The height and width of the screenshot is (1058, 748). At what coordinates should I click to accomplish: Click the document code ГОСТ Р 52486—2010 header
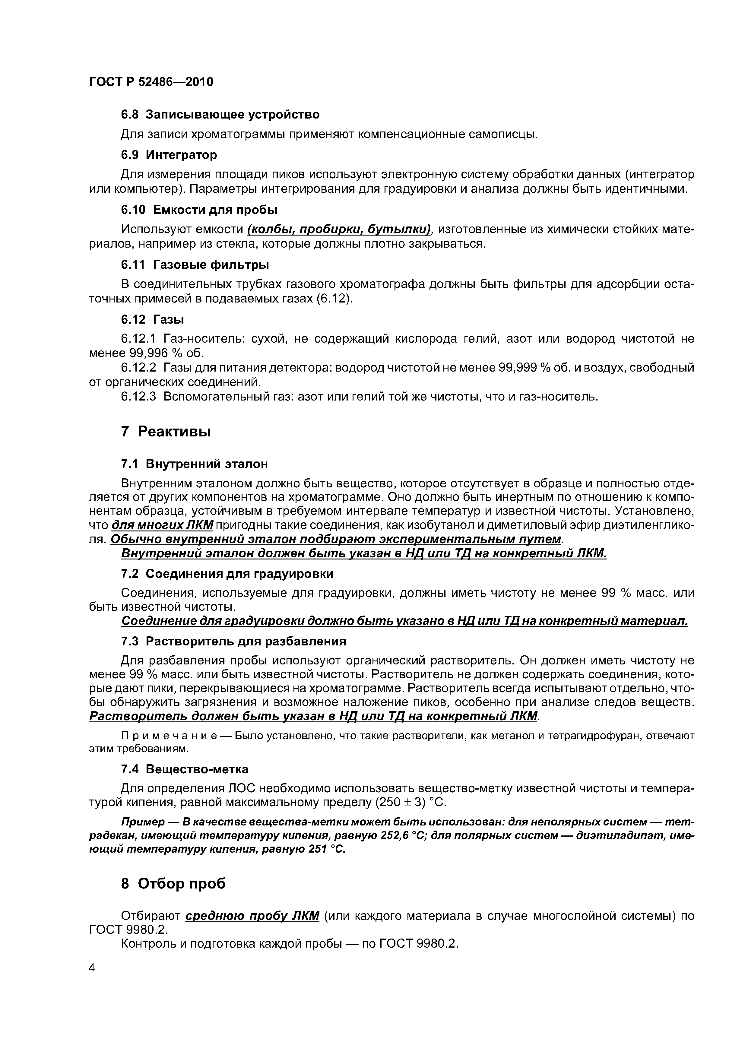pyautogui.click(x=151, y=82)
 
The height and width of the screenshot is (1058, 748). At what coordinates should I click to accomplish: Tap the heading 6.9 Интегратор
pyautogui.click(x=169, y=155)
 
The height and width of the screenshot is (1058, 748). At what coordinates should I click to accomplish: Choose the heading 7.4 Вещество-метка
pyautogui.click(x=184, y=769)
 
